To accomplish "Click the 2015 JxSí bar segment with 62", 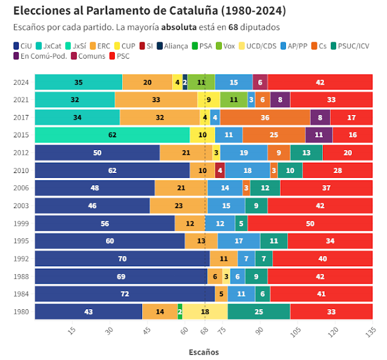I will pos(112,135).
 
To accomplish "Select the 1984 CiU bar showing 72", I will pos(125,294).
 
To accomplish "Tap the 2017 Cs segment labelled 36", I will pos(265,117).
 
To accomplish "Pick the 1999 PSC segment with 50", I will pos(310,223).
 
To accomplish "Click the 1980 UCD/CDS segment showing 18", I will pos(205,312).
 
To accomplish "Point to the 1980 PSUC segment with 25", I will pos(259,312).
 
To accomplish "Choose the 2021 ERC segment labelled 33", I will pos(156,100).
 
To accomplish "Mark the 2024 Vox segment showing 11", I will pos(201,82).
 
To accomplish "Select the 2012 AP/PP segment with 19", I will pos(244,152).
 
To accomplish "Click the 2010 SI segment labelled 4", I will pos(220,171).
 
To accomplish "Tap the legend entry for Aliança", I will pos(173,46).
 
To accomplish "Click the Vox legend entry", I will pos(226,46).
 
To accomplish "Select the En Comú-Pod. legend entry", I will pos(37,56).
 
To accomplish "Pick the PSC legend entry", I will pos(119,56).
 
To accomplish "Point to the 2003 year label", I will pos(21,206).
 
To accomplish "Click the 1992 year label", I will pos(21,258).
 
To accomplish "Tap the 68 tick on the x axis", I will pos(204,331).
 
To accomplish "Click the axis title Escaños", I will pos(204,352).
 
